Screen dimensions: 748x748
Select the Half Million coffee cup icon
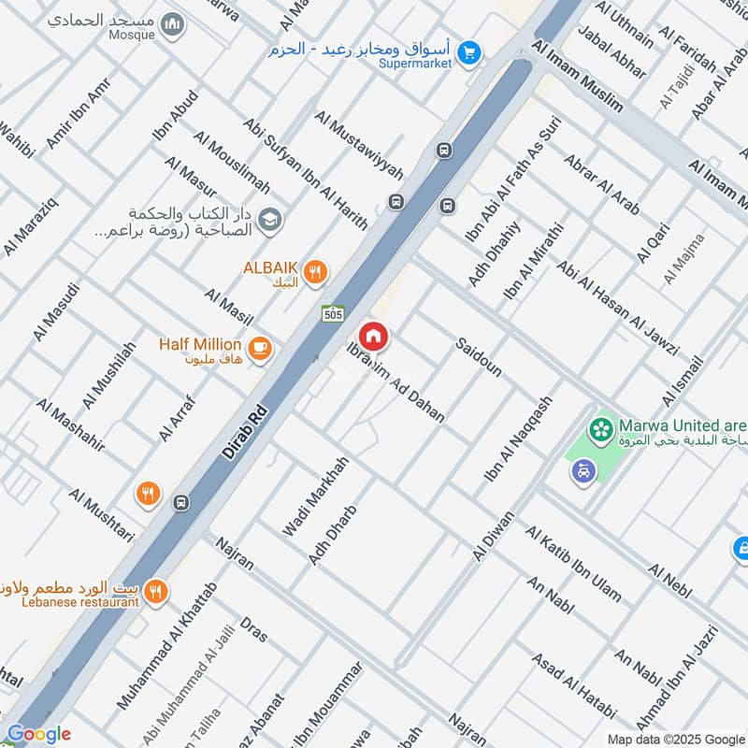click(x=261, y=349)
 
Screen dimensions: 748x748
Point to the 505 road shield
click(x=332, y=315)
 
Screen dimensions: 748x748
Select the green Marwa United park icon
click(x=600, y=430)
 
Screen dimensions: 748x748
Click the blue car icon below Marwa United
click(x=583, y=472)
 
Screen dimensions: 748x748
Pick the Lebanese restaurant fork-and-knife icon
click(x=156, y=591)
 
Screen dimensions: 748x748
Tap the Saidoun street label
click(x=480, y=357)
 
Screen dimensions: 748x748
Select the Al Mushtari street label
click(x=102, y=515)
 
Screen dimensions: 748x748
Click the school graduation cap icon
click(x=269, y=220)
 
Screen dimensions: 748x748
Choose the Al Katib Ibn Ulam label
click(x=573, y=565)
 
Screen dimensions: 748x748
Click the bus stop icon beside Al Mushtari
click(x=181, y=503)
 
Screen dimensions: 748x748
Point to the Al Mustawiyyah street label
click(x=359, y=146)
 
